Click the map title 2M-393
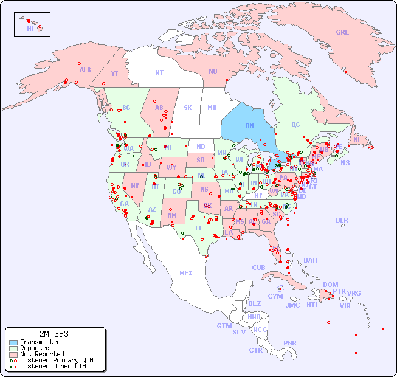pos(54,334)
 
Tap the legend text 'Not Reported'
pos(42,354)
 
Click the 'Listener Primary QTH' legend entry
pos(57,360)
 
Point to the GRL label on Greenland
pos(342,32)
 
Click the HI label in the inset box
pos(30,29)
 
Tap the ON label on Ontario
pos(249,126)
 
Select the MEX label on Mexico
pos(186,273)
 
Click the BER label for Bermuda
pos(342,220)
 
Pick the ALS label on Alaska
pos(85,70)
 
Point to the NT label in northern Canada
pos(159,72)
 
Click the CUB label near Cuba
pos(259,268)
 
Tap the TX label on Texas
pos(198,228)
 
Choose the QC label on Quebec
pos(295,125)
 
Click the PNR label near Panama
pos(290,343)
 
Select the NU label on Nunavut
pos(213,71)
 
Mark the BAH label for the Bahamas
pos(310,260)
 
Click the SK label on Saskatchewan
pos(188,108)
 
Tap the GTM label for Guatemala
pos(224,326)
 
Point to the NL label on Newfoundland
pos(357,139)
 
